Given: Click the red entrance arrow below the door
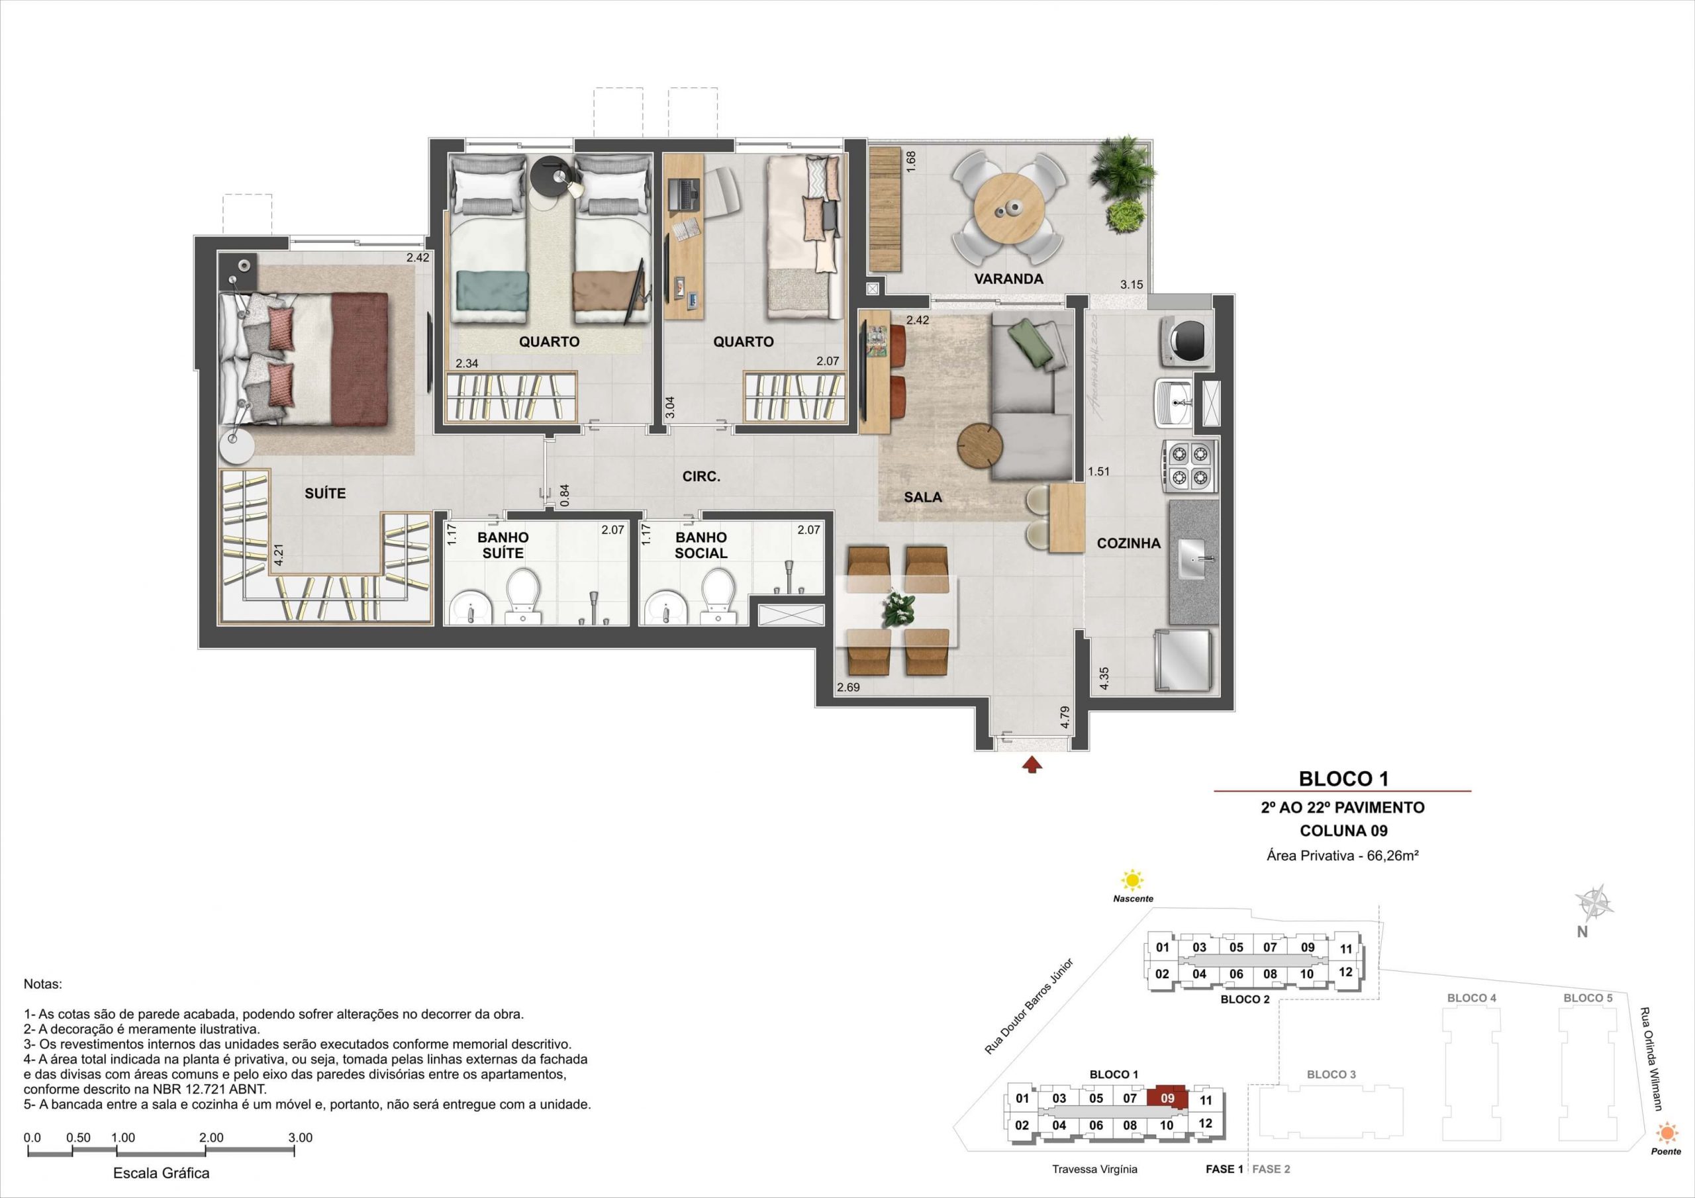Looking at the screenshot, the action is click(x=1032, y=765).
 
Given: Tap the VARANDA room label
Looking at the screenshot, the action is click(x=1008, y=279).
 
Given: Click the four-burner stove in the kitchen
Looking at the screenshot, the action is click(x=1190, y=466).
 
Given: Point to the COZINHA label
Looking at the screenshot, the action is click(x=1128, y=543).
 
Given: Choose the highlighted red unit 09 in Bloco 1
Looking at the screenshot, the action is click(x=1167, y=1097).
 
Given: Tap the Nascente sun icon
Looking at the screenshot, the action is click(x=1132, y=880).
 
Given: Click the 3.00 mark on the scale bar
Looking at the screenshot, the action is click(x=301, y=1138).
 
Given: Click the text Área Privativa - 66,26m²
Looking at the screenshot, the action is click(x=1343, y=856).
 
